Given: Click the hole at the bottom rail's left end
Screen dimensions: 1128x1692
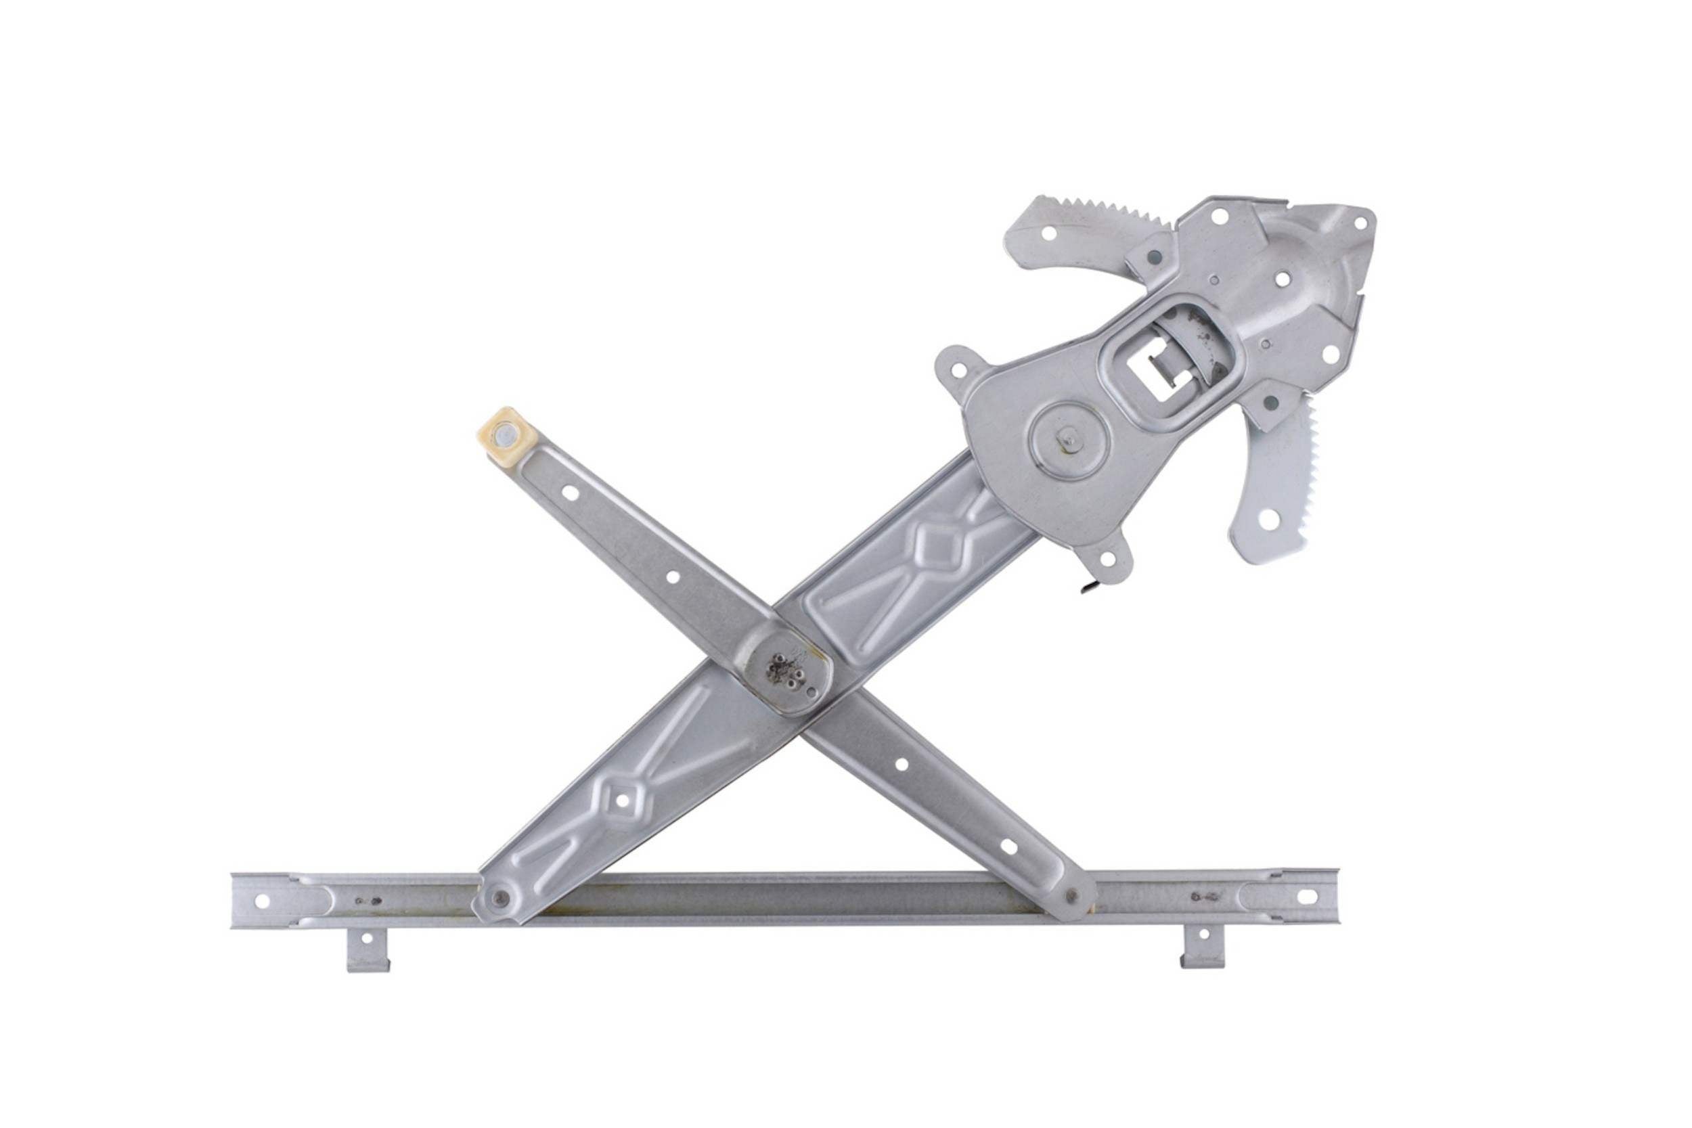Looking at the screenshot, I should coord(261,901).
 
